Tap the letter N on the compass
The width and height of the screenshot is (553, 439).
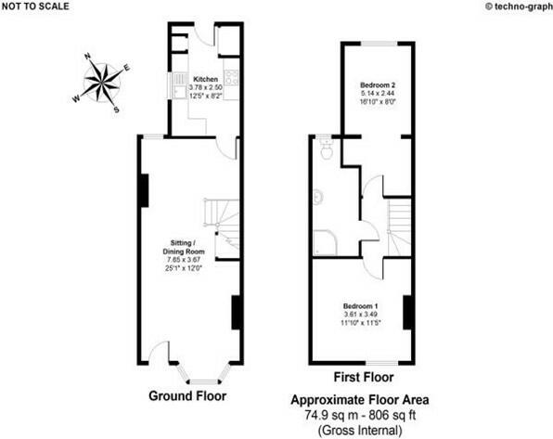(x=89, y=57)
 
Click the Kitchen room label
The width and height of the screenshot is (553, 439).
(x=204, y=80)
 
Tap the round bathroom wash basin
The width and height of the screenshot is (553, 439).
(x=318, y=197)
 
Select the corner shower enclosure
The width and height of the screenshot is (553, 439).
(x=324, y=242)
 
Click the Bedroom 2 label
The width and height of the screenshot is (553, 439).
(x=376, y=85)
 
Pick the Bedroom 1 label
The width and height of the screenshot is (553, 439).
(x=361, y=306)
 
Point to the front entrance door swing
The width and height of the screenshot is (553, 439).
(x=161, y=353)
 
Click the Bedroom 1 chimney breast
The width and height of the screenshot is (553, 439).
(x=406, y=312)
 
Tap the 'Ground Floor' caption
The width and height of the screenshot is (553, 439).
(x=187, y=396)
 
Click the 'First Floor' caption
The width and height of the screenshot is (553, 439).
(x=362, y=378)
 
